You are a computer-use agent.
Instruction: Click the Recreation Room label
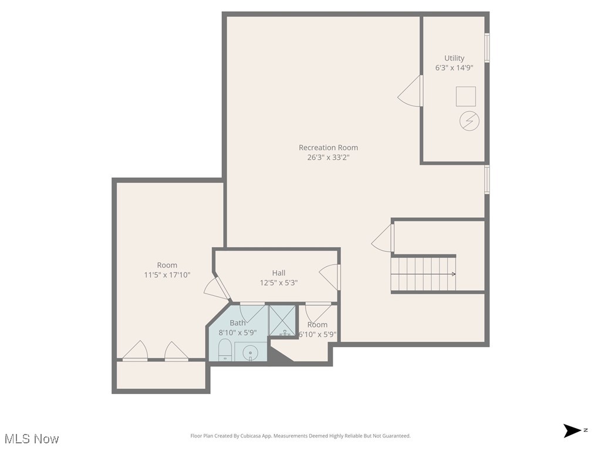[328, 147]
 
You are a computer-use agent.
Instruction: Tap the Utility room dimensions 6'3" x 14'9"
[454, 68]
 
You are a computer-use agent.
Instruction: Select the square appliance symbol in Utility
[466, 96]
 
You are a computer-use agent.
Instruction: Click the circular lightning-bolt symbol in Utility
[469, 121]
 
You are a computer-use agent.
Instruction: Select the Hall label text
[279, 272]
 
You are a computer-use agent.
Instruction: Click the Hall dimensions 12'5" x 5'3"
[279, 282]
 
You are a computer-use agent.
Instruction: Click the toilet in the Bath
[225, 353]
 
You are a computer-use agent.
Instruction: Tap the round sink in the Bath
[251, 353]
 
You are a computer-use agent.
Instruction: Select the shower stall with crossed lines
[283, 321]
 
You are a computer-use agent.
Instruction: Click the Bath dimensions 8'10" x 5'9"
[238, 332]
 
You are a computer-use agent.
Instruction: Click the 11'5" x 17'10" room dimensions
[167, 275]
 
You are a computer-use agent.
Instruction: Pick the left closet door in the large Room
[135, 351]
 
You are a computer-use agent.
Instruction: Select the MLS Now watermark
[32, 439]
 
